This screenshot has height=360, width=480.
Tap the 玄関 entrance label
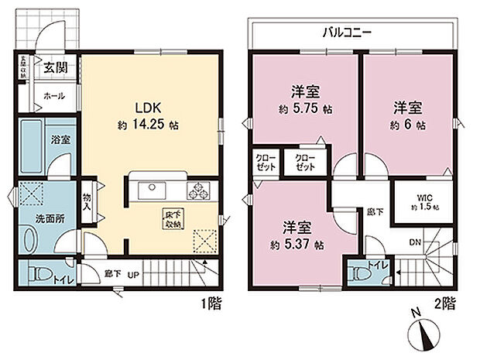53,67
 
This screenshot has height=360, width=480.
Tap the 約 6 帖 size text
409,124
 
